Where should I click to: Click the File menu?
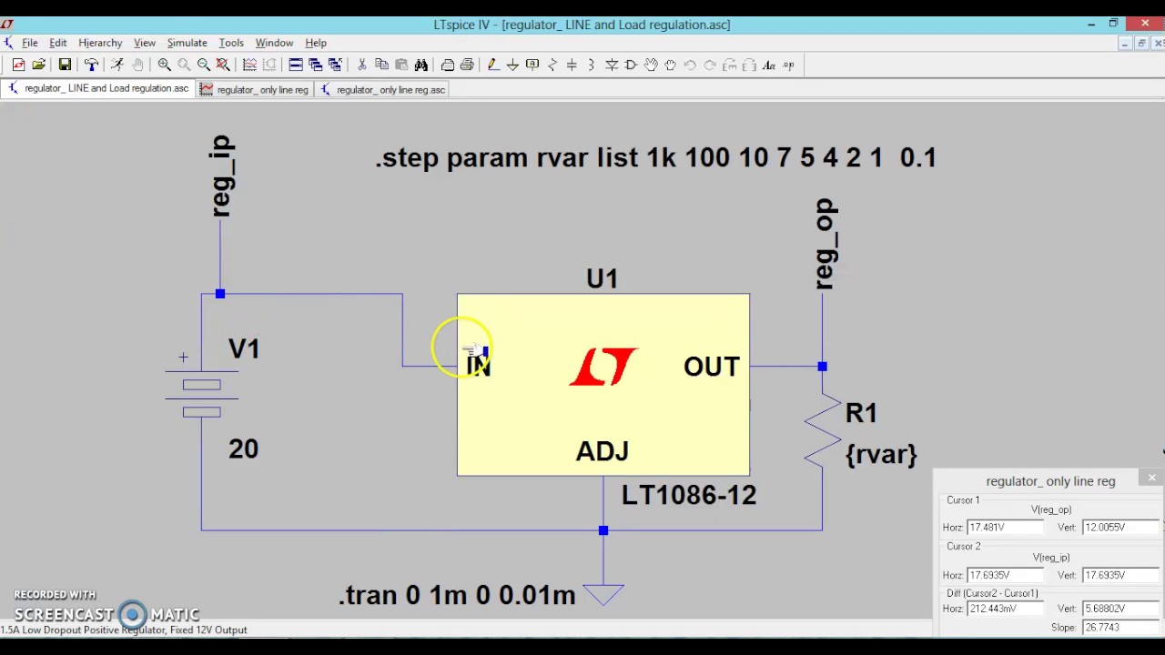coord(29,43)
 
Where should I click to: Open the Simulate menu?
coord(187,43)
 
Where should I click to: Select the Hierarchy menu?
coord(100,43)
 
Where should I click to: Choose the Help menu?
coord(316,43)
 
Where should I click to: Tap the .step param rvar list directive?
coord(655,157)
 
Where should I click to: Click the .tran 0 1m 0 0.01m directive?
coord(457,595)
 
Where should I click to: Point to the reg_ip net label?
coord(222,176)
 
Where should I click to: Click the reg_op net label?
coord(826,244)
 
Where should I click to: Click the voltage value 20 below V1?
coord(243,448)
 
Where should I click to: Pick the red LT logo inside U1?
coord(603,367)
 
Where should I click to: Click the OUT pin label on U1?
coord(712,367)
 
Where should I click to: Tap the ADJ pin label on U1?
coord(602,451)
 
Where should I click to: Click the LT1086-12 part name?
coord(688,495)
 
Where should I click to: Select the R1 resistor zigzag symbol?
coord(822,429)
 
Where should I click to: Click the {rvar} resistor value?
coord(881,454)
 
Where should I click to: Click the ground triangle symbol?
coord(603,594)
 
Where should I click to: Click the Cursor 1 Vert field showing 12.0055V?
coord(1119,527)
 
